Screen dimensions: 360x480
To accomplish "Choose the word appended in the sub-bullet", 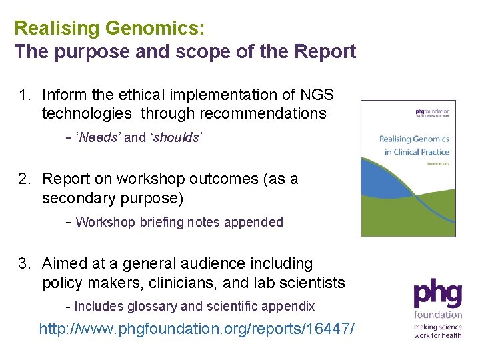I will click(256, 223).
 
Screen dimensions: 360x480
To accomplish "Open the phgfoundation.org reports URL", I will click(197, 329).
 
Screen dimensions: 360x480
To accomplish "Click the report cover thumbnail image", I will click(408, 169).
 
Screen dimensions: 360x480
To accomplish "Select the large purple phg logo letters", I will click(437, 294).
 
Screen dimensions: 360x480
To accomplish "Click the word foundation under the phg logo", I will click(438, 314).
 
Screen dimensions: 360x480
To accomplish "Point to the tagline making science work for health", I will click(437, 331).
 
